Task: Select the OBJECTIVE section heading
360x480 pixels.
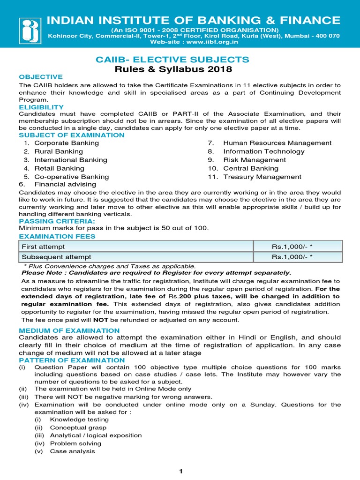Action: coord(40,77)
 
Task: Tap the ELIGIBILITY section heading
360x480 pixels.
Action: coord(41,107)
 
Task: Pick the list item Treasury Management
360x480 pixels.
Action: coord(262,177)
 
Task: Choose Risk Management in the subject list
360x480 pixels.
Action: coord(255,160)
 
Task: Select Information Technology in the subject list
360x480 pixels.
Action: coord(263,151)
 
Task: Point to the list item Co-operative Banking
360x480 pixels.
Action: coord(71,177)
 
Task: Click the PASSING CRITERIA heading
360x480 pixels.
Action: coord(57,221)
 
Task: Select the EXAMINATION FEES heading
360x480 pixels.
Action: coord(57,237)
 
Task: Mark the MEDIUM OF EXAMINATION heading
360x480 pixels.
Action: coord(69,330)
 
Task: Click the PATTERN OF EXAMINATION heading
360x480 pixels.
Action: coord(72,360)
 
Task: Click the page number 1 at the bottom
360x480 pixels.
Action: coord(180,472)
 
